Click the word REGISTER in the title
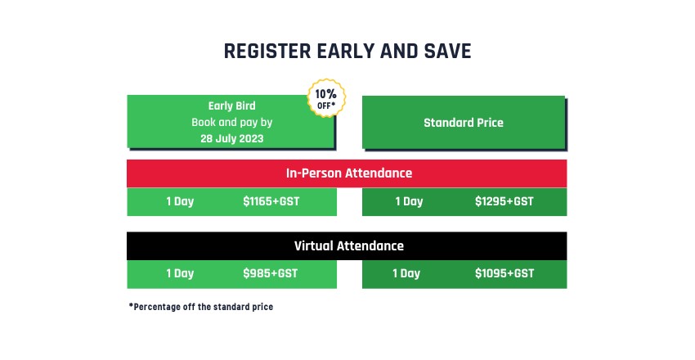click(267, 51)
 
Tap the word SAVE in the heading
click(448, 51)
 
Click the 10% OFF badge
click(326, 98)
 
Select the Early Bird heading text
click(232, 106)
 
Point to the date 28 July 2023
click(232, 138)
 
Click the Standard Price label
click(464, 123)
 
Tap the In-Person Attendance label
click(349, 173)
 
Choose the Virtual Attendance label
click(349, 245)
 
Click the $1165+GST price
click(271, 201)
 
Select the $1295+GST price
click(504, 201)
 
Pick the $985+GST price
click(271, 273)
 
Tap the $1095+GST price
click(504, 273)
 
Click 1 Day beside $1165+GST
click(180, 202)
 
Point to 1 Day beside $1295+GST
click(409, 202)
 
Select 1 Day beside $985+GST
click(180, 273)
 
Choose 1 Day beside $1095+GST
click(406, 273)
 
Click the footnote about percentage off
click(201, 307)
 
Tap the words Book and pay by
click(232, 123)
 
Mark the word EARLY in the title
click(345, 51)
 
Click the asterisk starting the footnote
click(131, 305)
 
